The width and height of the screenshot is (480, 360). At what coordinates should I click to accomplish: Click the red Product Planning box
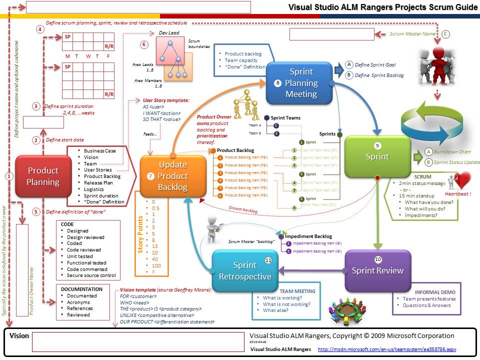[42, 175]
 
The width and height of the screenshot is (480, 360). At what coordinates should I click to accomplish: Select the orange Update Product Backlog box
[173, 176]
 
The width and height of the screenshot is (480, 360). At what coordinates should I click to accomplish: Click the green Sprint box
[377, 156]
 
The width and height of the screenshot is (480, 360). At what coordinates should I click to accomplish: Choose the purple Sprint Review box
[377, 270]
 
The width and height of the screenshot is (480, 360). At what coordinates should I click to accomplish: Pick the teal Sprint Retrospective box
[245, 270]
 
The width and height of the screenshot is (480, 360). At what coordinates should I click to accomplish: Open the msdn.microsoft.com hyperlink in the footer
[387, 349]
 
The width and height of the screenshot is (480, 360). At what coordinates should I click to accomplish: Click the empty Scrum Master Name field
[331, 34]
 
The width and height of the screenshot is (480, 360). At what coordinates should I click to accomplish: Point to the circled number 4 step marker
[40, 29]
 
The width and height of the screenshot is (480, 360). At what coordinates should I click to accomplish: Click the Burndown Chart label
[451, 151]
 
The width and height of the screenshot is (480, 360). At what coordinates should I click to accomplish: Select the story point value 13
[154, 246]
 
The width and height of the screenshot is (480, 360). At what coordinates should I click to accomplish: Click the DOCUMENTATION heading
[81, 289]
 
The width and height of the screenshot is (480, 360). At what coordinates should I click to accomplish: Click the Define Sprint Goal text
[375, 65]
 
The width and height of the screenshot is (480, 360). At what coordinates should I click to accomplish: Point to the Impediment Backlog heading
[308, 236]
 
